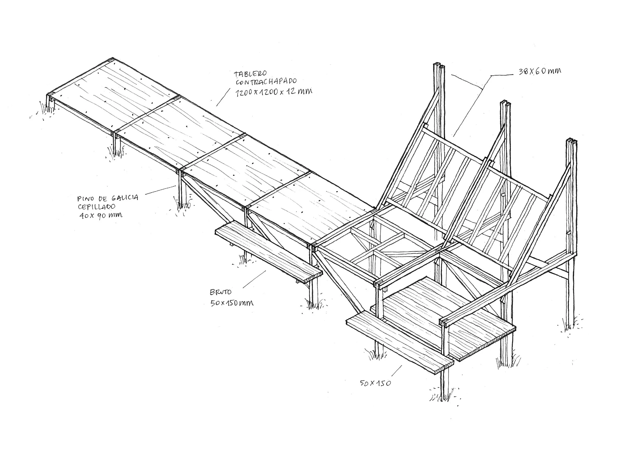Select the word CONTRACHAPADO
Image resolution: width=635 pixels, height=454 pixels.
click(x=266, y=82)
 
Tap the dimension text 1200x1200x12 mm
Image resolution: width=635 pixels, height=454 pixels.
click(x=274, y=91)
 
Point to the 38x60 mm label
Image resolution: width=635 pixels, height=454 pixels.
click(x=540, y=71)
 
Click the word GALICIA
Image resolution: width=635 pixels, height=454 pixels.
click(x=125, y=198)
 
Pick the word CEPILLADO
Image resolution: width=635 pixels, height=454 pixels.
click(x=97, y=207)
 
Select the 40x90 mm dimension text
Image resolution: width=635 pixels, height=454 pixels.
click(x=101, y=215)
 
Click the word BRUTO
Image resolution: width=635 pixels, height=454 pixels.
click(x=220, y=292)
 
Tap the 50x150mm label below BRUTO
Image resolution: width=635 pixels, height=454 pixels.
click(x=232, y=303)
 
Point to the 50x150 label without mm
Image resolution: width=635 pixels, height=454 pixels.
click(x=375, y=383)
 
